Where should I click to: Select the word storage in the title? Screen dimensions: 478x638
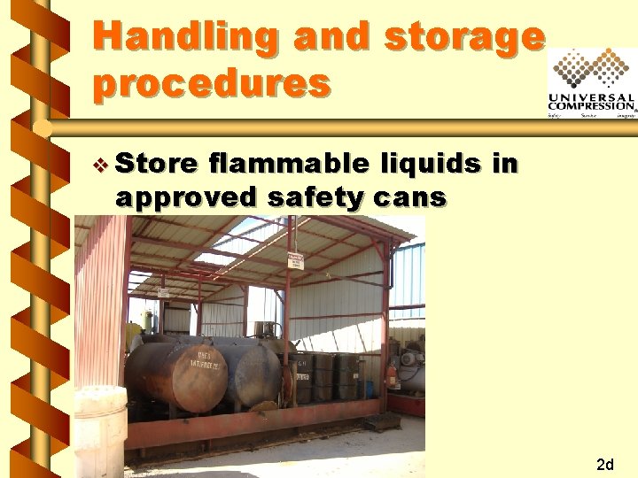[465, 36]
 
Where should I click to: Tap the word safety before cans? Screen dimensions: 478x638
[315, 197]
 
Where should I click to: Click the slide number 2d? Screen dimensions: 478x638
[606, 465]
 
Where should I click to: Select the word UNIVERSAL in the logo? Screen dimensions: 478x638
[592, 97]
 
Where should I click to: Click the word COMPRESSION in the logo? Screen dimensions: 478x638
[592, 106]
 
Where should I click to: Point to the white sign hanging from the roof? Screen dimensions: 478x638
[296, 261]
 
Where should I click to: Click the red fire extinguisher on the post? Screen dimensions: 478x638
[392, 375]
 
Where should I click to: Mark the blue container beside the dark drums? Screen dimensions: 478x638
[369, 389]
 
